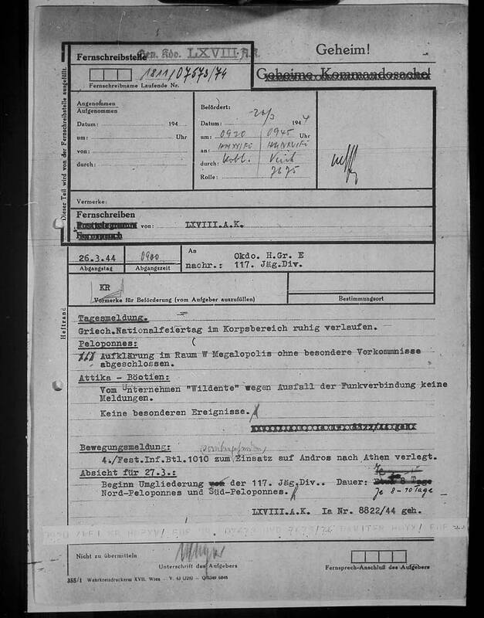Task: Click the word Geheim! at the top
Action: click(x=343, y=49)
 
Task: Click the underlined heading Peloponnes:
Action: click(x=108, y=341)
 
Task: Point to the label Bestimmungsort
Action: click(x=361, y=297)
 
